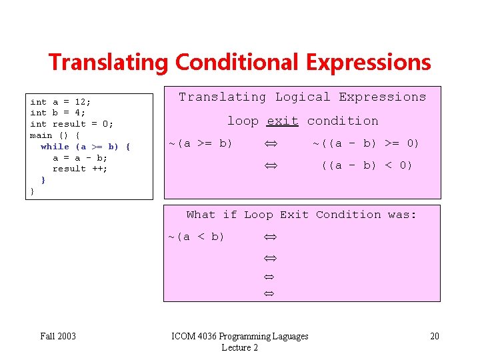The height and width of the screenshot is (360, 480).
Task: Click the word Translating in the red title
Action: coord(108,63)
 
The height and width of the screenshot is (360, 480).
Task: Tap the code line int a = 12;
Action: coord(61,102)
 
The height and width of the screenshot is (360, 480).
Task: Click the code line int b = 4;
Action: coord(58,113)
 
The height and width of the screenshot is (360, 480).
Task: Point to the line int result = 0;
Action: coord(71,124)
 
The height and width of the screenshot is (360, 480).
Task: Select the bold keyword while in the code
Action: coord(55,147)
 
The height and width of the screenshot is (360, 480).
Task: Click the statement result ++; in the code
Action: coord(80,169)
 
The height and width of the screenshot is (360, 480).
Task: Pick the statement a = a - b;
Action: coord(80,158)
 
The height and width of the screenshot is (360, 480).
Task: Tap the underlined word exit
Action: coord(282,121)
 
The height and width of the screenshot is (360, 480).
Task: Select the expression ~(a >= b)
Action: coord(200,143)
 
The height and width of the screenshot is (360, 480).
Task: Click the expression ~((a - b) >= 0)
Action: coord(366,143)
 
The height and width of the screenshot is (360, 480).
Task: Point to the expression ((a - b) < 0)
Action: coord(367,165)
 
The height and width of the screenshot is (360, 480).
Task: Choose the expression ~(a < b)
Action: coord(196,237)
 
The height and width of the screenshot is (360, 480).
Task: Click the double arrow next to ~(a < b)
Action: coord(270,237)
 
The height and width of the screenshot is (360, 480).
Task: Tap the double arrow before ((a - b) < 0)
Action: coord(270,166)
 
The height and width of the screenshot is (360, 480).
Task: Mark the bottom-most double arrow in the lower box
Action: coord(270,293)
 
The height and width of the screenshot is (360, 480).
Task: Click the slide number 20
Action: coord(434,336)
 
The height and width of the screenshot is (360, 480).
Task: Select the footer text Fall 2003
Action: coord(57,336)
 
